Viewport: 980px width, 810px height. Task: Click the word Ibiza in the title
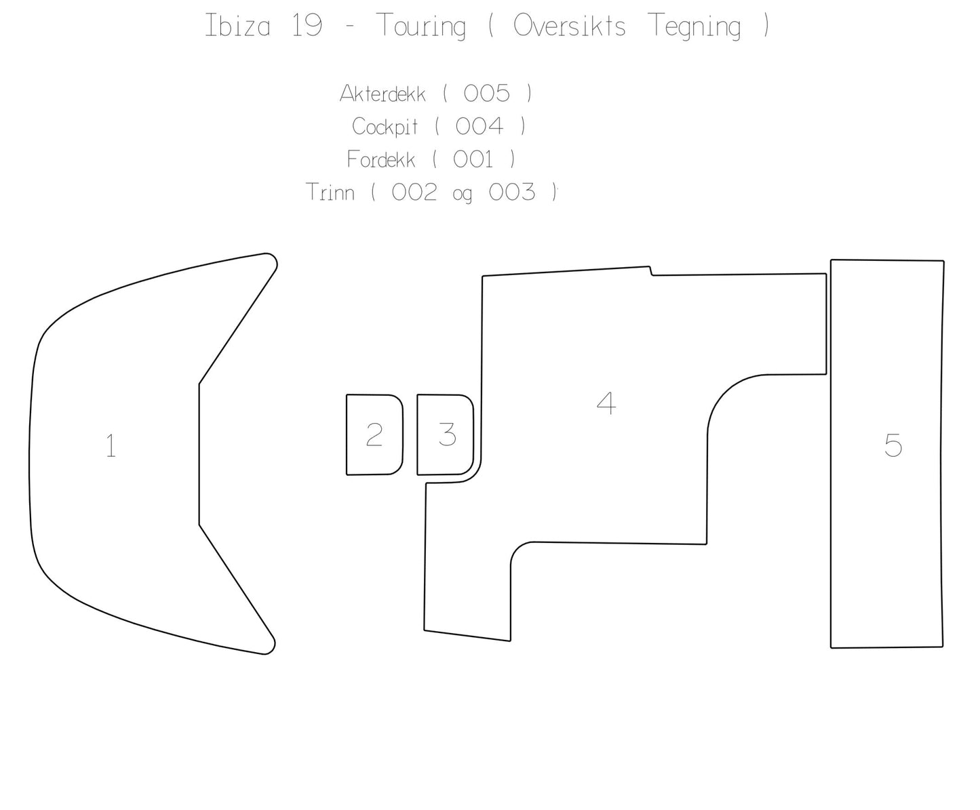coord(237,26)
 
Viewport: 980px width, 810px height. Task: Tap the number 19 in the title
coord(307,26)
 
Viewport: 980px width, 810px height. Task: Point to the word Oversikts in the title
coord(569,26)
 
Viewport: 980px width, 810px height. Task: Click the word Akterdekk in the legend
coord(383,94)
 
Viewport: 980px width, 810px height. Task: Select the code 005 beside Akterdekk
coord(486,94)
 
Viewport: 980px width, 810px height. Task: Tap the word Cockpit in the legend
coord(385,127)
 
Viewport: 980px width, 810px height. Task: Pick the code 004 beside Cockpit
coord(479,126)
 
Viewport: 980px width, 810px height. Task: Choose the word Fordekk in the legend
coord(380,159)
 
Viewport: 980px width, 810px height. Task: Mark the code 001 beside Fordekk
coord(473,159)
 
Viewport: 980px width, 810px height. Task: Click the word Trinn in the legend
coord(330,193)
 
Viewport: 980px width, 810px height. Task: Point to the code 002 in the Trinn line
coord(414,193)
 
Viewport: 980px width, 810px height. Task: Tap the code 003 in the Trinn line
coord(512,193)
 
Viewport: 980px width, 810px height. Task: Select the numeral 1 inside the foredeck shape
coord(111,446)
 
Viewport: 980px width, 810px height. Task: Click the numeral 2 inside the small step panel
coord(374,434)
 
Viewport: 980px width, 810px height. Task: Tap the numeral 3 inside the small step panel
coord(447,434)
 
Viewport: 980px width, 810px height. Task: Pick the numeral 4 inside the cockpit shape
coord(606,403)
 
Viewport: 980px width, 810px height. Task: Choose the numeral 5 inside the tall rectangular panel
coord(893,445)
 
